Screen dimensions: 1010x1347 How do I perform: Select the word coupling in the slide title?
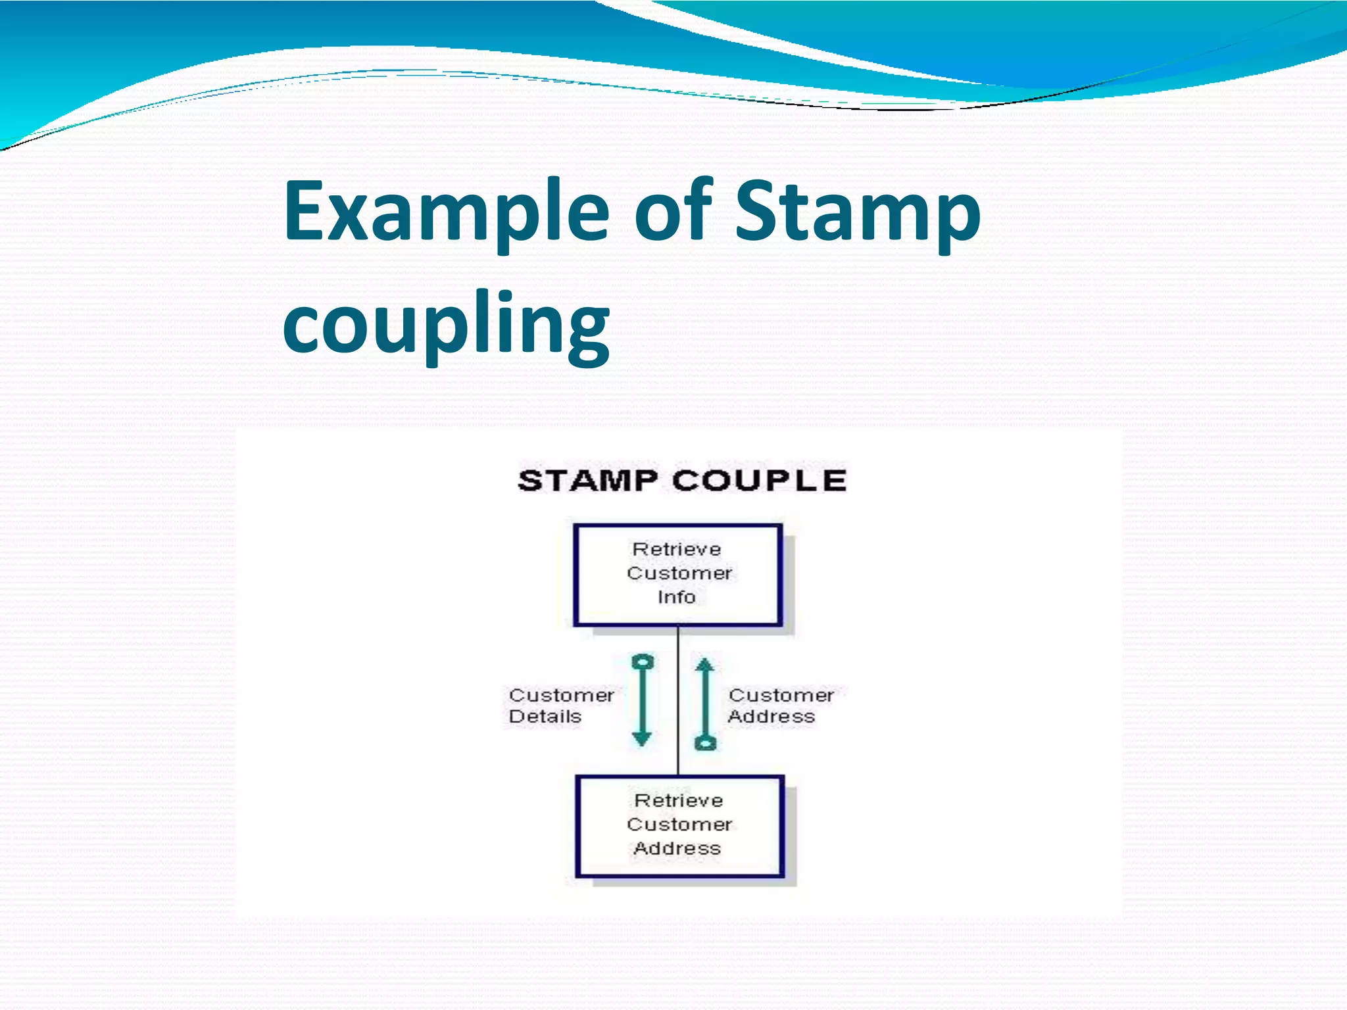pyautogui.click(x=447, y=324)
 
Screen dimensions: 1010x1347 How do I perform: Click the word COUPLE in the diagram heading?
pyautogui.click(x=759, y=481)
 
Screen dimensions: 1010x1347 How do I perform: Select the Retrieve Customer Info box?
pyautogui.click(x=677, y=575)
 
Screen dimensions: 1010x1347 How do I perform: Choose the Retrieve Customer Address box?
pyautogui.click(x=679, y=826)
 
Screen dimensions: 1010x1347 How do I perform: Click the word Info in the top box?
pyautogui.click(x=676, y=597)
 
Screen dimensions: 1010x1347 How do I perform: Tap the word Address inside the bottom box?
pyautogui.click(x=677, y=848)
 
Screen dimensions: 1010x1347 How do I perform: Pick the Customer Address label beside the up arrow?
pyautogui.click(x=780, y=706)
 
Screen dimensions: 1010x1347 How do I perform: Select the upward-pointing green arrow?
pyautogui.click(x=704, y=704)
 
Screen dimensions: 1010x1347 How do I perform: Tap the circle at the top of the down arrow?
pyautogui.click(x=642, y=662)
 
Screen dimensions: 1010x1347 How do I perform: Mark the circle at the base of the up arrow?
pyautogui.click(x=705, y=743)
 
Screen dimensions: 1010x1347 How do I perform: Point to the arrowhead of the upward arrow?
pyautogui.click(x=704, y=665)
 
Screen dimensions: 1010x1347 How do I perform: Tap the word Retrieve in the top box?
pyautogui.click(x=677, y=549)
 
